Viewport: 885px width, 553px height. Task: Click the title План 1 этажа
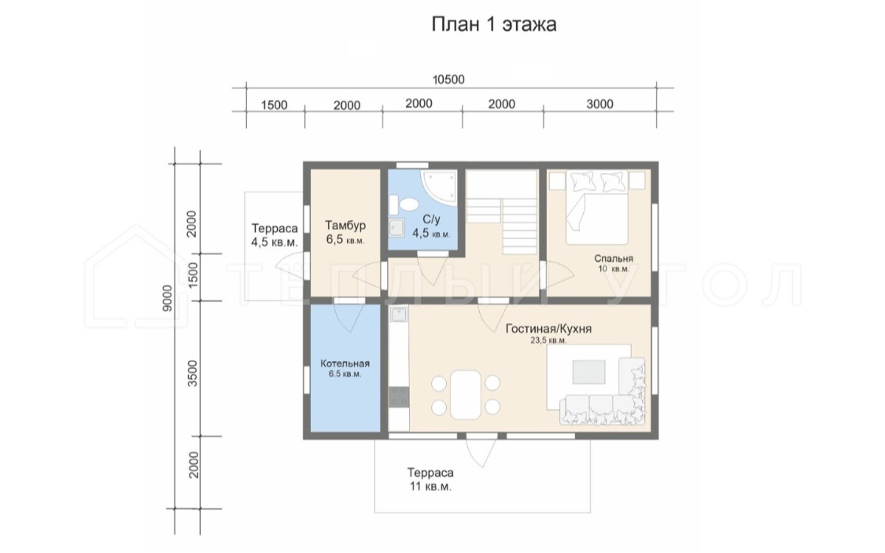coord(494,24)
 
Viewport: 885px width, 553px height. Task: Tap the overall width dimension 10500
coord(448,79)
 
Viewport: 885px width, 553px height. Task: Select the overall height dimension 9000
coord(167,298)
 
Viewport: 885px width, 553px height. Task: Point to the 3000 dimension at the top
coord(599,104)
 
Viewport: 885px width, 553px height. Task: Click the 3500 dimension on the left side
coord(193,373)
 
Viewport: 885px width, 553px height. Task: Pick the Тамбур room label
coord(345,226)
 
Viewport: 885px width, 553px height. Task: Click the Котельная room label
coord(345,363)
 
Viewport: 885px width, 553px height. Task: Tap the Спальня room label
coord(614,259)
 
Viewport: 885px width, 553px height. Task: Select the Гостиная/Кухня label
coord(548,328)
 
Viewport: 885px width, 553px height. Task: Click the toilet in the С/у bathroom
coord(404,204)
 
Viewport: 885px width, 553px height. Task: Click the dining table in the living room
coord(466,394)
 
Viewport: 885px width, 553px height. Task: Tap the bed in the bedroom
coord(597,208)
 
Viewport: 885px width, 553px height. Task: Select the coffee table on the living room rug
coord(588,372)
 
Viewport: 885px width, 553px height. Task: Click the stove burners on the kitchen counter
coord(399,396)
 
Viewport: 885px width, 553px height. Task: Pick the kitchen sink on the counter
coord(399,315)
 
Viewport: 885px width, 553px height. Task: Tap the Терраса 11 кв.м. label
coord(430,480)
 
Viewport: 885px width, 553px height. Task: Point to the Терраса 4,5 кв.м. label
coord(275,235)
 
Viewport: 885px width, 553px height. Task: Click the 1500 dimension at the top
coord(274,105)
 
